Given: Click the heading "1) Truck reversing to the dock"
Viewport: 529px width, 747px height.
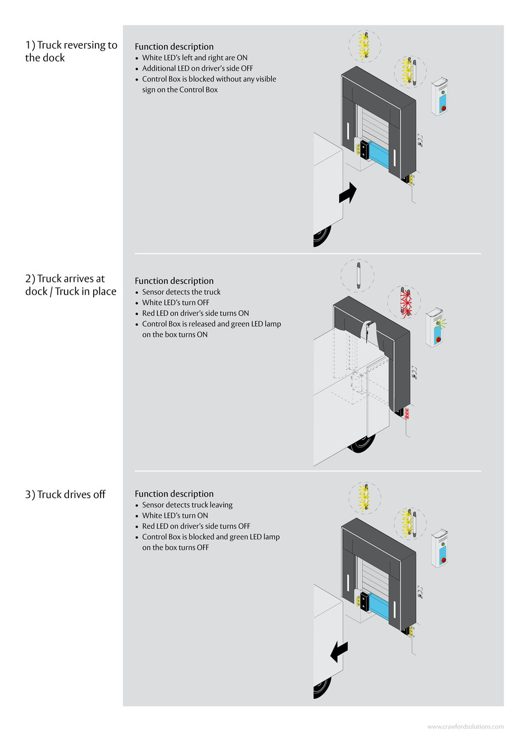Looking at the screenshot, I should tap(71, 51).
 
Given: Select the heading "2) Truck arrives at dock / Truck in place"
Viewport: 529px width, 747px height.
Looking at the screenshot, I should tap(70, 285).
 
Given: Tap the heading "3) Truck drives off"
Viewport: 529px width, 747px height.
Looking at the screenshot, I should tap(65, 494).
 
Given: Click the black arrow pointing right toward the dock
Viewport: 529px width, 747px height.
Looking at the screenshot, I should tap(347, 193).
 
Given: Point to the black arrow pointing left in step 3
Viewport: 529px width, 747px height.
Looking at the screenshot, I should tap(339, 652).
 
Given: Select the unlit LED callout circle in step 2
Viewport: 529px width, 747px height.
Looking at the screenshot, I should tap(357, 275).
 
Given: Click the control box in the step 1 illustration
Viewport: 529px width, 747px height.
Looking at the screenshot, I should tap(440, 96).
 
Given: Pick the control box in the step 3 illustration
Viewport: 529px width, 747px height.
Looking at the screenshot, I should tap(440, 548).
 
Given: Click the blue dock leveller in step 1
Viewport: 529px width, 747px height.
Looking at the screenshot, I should tap(379, 154).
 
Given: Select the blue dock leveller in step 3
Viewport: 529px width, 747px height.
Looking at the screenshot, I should tap(379, 606).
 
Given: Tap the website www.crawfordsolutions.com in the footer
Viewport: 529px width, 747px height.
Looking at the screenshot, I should tap(465, 727).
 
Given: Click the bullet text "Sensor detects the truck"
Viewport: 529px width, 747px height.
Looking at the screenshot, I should tap(181, 292).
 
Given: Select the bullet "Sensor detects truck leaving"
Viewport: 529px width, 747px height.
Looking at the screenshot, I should tap(187, 505).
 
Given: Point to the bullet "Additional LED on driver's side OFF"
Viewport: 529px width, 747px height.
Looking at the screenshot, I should tap(197, 68).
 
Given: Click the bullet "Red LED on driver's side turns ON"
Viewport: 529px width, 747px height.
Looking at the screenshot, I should tap(195, 313).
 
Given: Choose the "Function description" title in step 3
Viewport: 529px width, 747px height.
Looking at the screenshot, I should tap(174, 494).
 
